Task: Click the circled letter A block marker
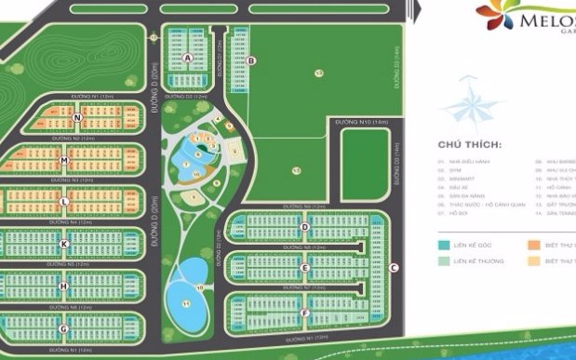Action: click(188, 58)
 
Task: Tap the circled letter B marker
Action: click(251, 61)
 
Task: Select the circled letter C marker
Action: click(395, 268)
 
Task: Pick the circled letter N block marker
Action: click(78, 117)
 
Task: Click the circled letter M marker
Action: click(64, 159)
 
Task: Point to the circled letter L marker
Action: click(63, 201)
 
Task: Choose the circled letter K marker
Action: click(63, 245)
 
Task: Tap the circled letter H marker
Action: click(63, 287)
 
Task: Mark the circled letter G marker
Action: click(63, 328)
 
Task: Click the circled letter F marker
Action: click(304, 313)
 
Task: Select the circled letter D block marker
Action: click(304, 227)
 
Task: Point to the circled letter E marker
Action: click(304, 270)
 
